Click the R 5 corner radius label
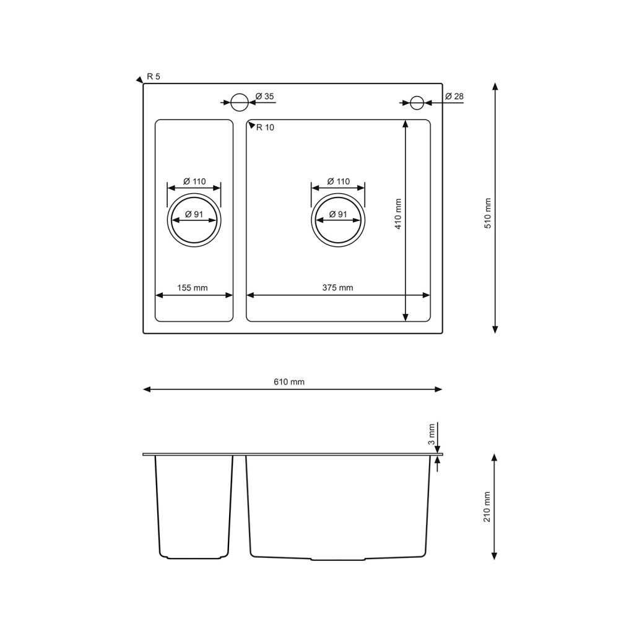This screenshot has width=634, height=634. [x=154, y=76]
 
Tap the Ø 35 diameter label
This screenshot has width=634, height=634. [x=265, y=96]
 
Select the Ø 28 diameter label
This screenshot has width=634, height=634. [x=454, y=96]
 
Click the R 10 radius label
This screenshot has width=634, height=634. [x=265, y=128]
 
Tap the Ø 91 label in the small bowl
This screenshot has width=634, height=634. [x=194, y=214]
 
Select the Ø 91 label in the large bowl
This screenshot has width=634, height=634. [x=338, y=214]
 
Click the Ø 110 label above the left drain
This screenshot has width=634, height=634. [x=194, y=181]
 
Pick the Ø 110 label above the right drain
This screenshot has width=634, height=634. [x=339, y=181]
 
